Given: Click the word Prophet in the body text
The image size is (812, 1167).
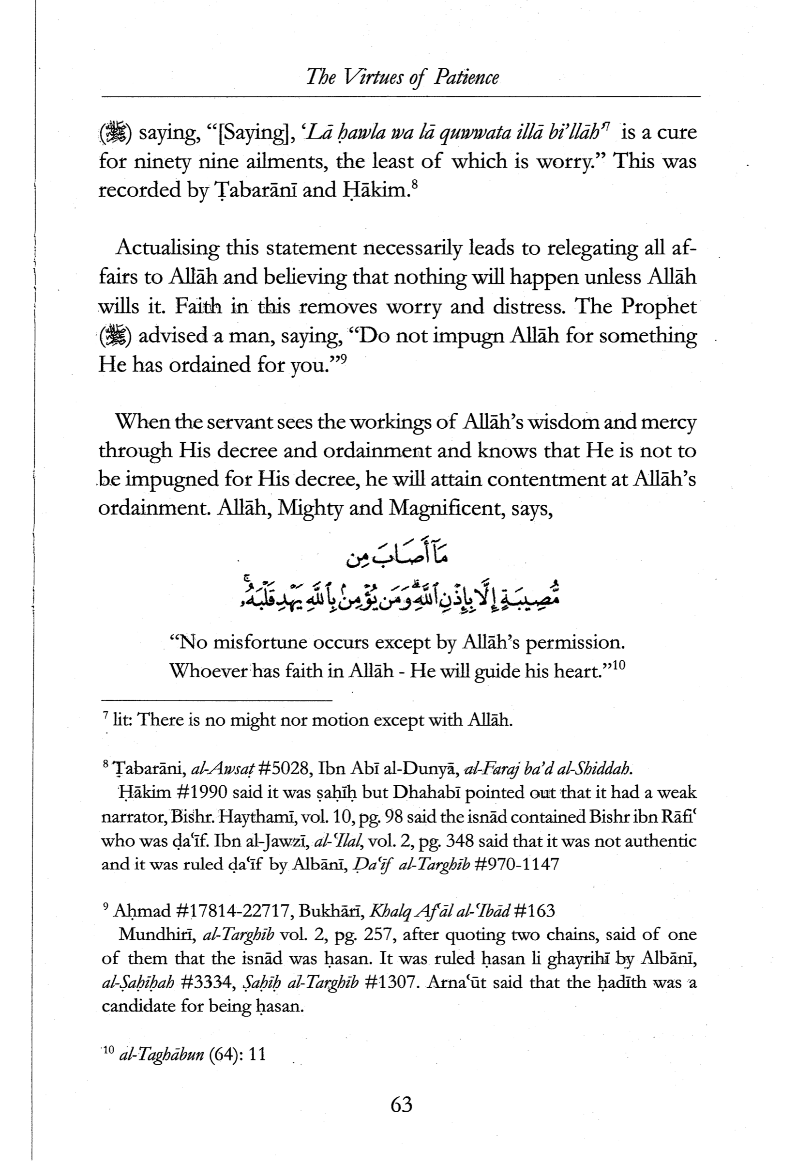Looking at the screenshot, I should tap(659, 307).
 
